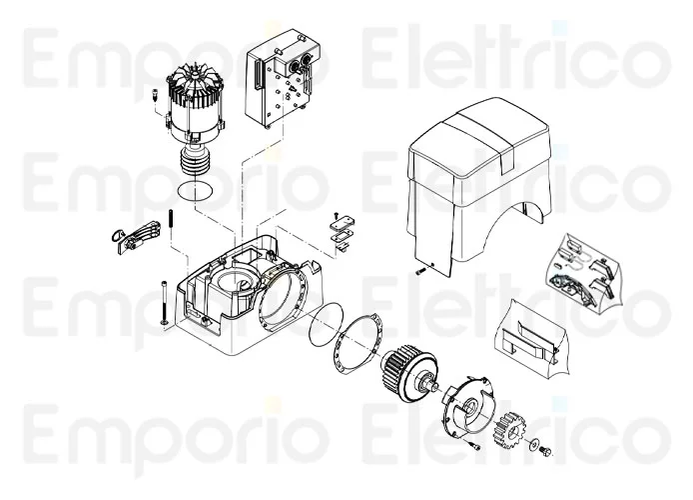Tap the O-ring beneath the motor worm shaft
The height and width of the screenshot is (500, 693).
tap(195, 190)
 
